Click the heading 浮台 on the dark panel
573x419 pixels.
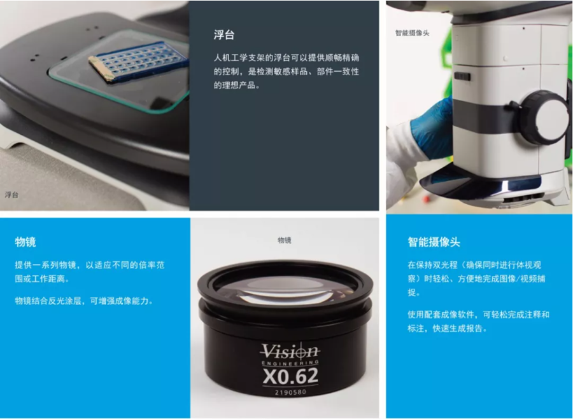coord(224,35)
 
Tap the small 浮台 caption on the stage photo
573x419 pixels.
coord(11,195)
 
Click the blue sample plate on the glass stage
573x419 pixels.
coord(138,61)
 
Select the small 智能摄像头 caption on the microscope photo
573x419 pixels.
coord(412,33)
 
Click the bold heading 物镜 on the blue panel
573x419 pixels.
coord(25,242)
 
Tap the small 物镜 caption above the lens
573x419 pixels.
coord(285,240)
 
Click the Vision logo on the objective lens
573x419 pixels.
coord(290,351)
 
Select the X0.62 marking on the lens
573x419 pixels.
coord(290,376)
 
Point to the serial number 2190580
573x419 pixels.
coord(290,392)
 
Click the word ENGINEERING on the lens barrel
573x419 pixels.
coord(290,363)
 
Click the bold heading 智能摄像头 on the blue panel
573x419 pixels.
coord(434,242)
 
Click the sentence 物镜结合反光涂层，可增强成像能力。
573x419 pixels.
coord(84,301)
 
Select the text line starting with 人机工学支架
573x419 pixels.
coord(286,58)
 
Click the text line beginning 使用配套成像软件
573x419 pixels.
coord(478,314)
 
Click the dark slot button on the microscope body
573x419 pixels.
coord(462,77)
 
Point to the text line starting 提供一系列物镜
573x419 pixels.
coord(90,264)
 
